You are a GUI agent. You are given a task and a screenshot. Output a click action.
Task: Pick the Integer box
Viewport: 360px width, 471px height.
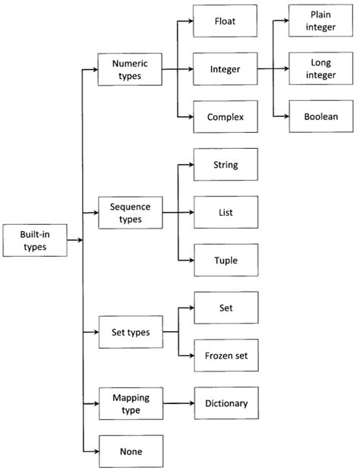click(225, 69)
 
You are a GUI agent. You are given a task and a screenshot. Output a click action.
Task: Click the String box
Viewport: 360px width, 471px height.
click(226, 165)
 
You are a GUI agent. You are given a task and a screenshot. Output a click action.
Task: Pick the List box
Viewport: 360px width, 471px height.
click(226, 213)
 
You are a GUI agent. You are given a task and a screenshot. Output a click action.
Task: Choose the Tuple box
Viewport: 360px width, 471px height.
click(226, 260)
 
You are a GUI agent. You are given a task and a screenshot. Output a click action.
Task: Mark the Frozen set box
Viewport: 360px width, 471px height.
click(226, 356)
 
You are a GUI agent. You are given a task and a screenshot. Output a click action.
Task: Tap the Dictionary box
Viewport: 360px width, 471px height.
click(226, 403)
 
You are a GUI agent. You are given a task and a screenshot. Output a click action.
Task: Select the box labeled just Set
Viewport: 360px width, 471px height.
click(226, 308)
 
